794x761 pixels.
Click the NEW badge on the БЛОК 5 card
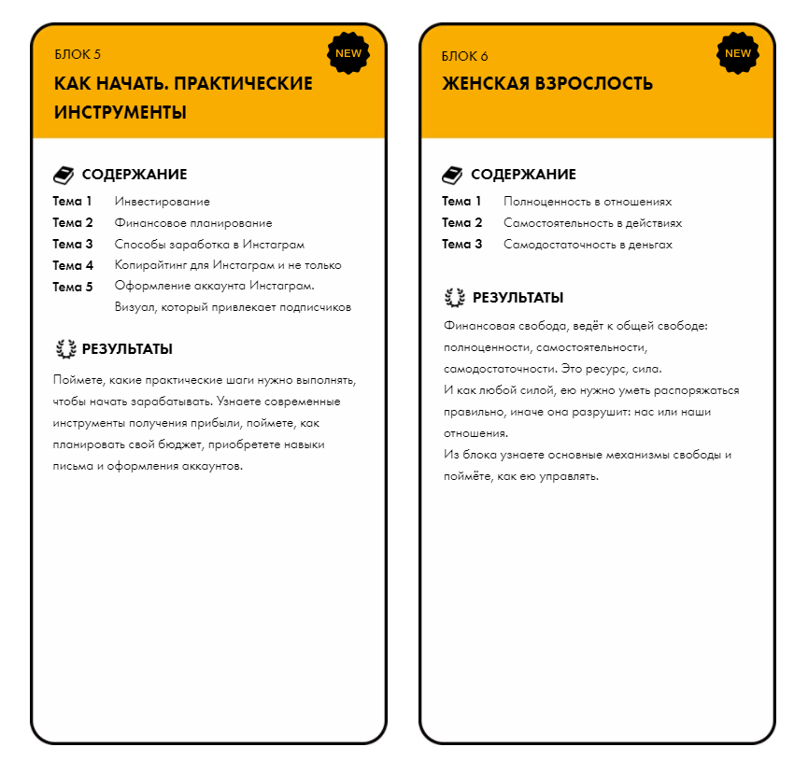coord(348,53)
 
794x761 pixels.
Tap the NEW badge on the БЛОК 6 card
coord(737,53)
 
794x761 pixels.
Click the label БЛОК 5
coord(78,56)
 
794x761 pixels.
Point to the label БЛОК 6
coord(465,56)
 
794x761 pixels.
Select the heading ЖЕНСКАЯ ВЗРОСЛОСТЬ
coord(547,83)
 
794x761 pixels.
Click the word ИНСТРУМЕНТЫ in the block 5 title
coord(121,112)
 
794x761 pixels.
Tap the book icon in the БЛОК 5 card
coord(64,175)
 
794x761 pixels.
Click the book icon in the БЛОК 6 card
coord(452,175)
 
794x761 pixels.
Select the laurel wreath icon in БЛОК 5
coord(65,349)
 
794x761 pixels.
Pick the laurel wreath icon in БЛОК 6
coord(455,298)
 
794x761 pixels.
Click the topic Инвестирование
coord(162,202)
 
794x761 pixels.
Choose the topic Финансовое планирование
coord(193,223)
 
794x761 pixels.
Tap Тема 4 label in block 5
coord(73,265)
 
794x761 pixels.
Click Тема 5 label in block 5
coord(73,287)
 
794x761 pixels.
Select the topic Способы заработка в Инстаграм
coord(209,245)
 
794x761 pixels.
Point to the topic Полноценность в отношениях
coord(588,202)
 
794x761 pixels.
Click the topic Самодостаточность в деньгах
coord(588,245)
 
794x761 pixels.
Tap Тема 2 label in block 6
coord(462,223)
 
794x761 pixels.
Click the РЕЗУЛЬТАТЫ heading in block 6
coord(518,298)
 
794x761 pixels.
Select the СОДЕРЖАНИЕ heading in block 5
coord(135,175)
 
